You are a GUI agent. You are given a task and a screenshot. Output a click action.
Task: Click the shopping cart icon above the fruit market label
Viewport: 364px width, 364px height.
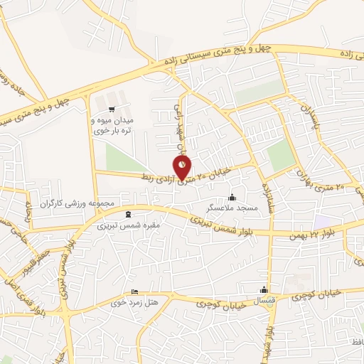[x=100, y=109]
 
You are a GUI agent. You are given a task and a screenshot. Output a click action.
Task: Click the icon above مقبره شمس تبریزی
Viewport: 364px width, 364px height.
[x=128, y=214]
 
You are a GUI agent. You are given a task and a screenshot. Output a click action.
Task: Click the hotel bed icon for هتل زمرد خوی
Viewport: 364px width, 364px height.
[x=135, y=291]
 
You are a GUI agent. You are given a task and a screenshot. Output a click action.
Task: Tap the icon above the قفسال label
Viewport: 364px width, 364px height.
[x=264, y=289]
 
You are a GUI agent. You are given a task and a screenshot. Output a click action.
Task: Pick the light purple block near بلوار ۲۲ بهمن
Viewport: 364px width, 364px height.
[x=323, y=221]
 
